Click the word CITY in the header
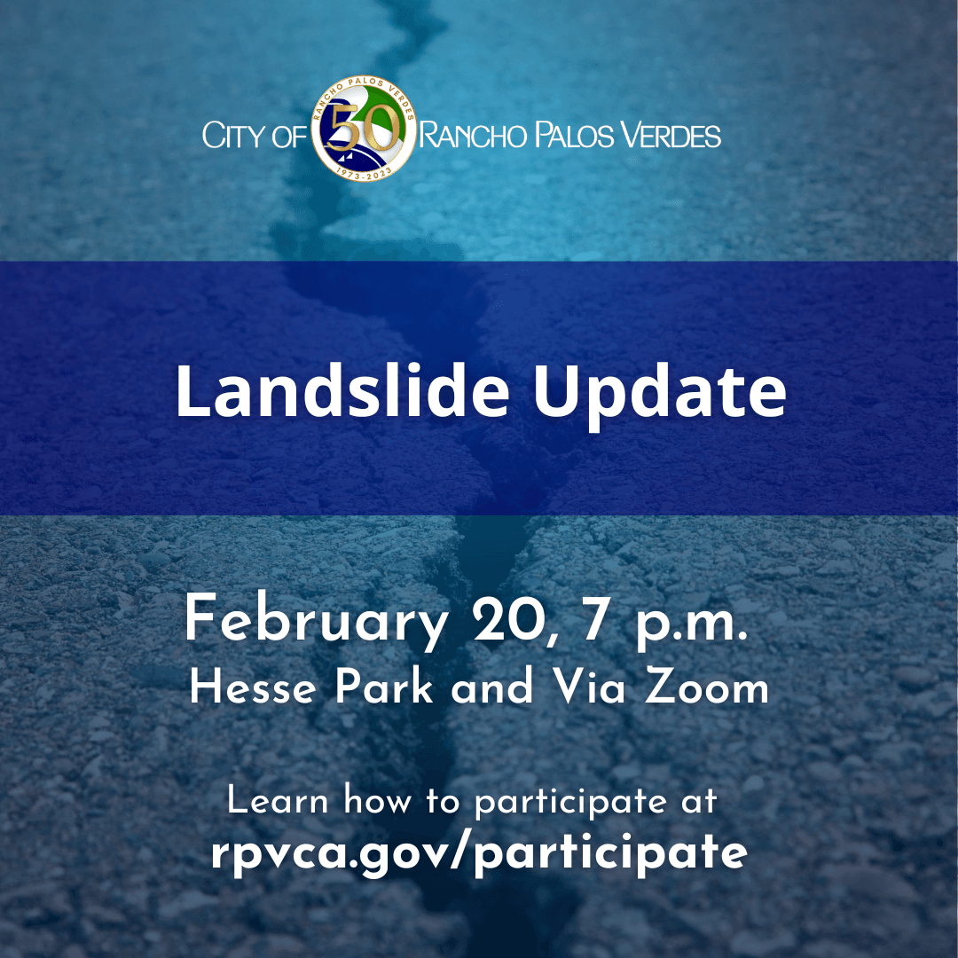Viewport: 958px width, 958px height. point(232,137)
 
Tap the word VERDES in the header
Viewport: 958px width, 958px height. point(671,137)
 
